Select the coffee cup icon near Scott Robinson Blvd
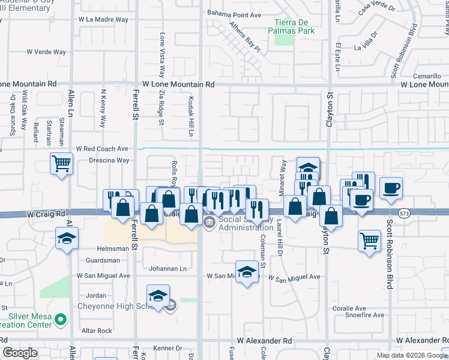click(x=390, y=187)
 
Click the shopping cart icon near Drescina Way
click(x=61, y=163)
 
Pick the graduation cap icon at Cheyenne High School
click(x=158, y=296)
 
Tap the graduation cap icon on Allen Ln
click(x=67, y=238)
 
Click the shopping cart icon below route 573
click(x=369, y=241)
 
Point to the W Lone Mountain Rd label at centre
click(x=178, y=85)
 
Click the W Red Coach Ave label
click(x=102, y=148)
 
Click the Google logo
click(x=20, y=353)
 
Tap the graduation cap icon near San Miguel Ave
click(x=247, y=272)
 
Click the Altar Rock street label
click(x=97, y=331)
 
